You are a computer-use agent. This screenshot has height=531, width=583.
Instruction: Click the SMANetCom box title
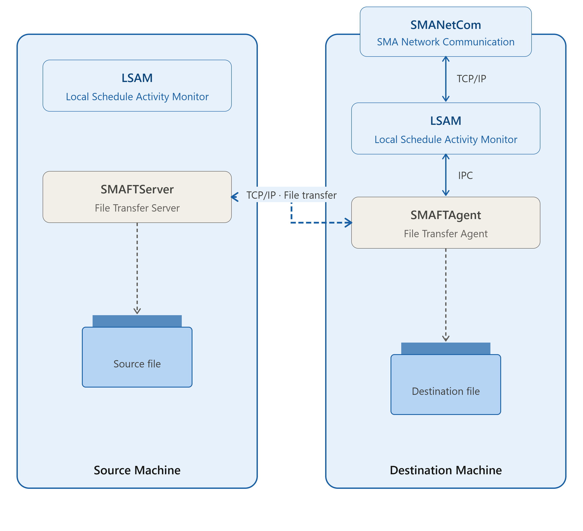pos(446,25)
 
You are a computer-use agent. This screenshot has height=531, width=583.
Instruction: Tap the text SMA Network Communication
pos(446,42)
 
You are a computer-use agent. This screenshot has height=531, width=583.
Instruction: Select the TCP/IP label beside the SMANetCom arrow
pos(471,79)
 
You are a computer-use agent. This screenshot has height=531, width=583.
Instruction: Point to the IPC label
pos(465,175)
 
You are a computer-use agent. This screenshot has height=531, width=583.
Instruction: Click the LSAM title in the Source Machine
pos(137,78)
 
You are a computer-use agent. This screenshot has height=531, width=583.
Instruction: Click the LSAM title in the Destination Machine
pos(446,121)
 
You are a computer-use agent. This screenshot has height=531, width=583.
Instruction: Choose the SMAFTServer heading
pos(137,189)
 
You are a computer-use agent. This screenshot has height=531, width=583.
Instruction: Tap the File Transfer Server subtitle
pos(137,208)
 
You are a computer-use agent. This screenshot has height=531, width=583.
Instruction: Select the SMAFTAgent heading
pos(446,215)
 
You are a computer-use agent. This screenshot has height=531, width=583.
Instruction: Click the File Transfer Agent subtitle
pos(446,234)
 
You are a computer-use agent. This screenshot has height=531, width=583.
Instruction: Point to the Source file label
pos(137,364)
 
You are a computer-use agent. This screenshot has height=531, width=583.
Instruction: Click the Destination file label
pos(446,391)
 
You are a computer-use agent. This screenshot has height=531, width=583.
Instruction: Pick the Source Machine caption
pos(137,470)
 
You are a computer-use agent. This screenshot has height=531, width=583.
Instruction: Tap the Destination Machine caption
pos(446,470)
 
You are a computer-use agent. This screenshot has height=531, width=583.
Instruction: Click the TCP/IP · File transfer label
pos(291,195)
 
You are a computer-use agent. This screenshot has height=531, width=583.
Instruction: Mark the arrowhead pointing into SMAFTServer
pos(234,197)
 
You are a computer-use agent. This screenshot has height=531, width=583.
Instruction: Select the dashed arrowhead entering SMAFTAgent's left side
pos(349,223)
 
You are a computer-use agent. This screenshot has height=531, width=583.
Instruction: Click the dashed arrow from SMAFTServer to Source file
pos(137,268)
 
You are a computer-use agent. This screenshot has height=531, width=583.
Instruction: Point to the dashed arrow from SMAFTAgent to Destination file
pos(446,295)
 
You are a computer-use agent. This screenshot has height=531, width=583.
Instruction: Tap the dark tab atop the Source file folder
pos(137,321)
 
